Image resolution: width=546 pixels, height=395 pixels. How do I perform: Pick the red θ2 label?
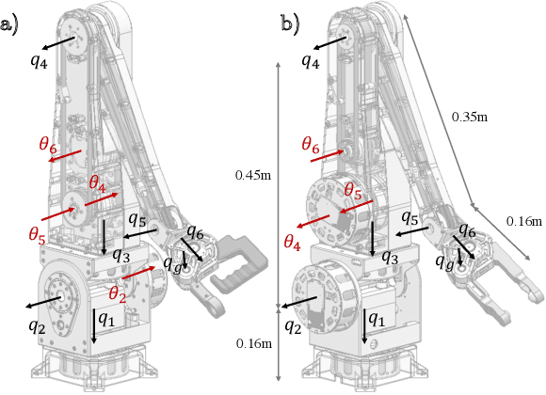point(118,292)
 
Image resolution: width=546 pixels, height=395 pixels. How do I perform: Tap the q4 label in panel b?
point(311,60)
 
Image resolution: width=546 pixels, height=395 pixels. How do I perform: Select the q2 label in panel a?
point(36,326)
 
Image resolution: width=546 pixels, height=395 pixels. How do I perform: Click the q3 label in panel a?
point(120,255)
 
